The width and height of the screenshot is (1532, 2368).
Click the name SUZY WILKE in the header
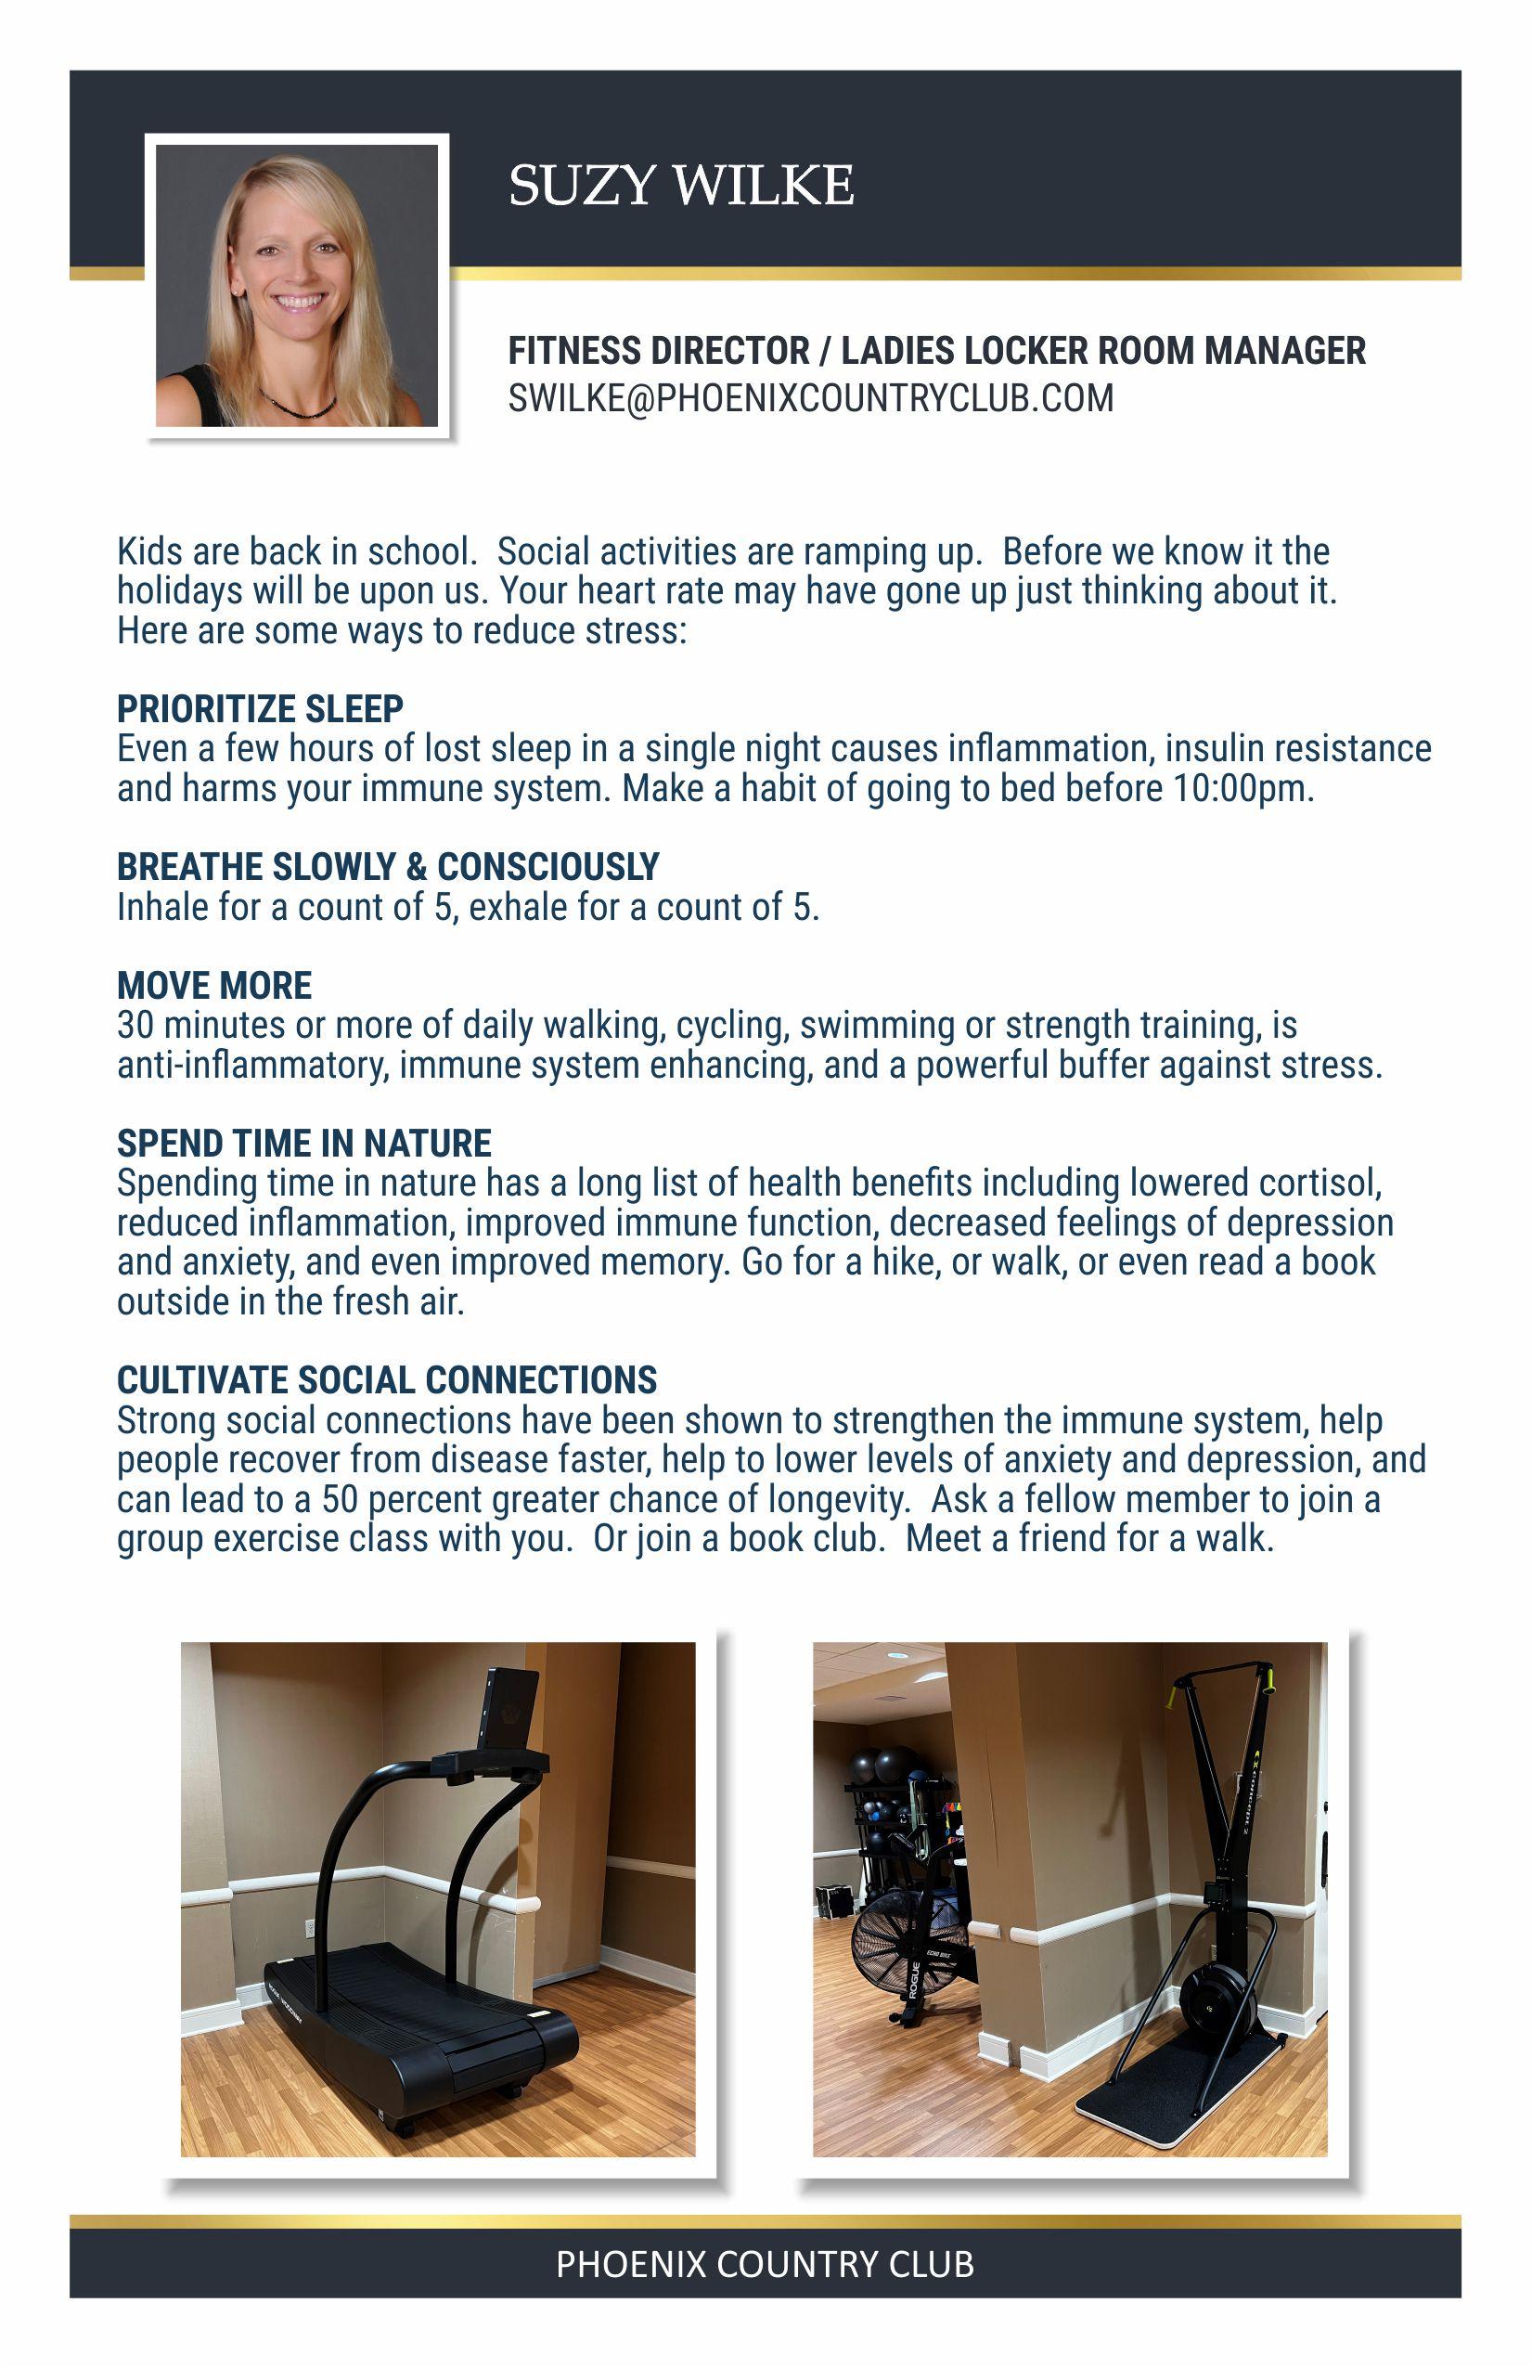(680, 185)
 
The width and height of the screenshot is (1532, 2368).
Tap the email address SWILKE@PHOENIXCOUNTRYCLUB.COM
(810, 398)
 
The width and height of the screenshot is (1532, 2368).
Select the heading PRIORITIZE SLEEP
(260, 708)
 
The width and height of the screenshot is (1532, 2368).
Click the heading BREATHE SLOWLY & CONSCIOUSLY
(387, 867)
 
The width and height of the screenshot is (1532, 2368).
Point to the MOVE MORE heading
(213, 985)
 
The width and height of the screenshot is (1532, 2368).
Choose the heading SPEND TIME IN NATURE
(303, 1144)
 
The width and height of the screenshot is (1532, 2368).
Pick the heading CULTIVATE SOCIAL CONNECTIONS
(386, 1380)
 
